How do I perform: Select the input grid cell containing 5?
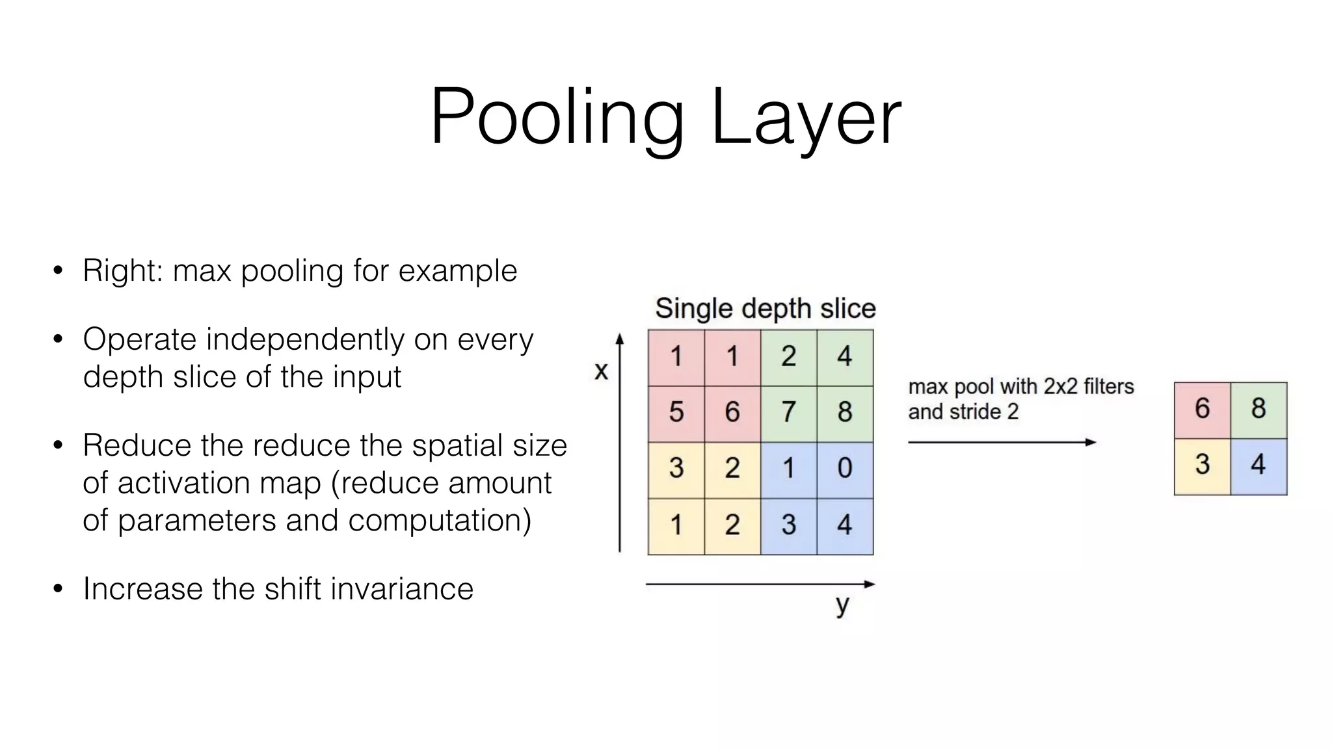click(x=676, y=412)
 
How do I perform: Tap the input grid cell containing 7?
click(x=788, y=412)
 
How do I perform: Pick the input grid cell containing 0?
click(x=844, y=468)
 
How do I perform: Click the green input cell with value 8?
click(x=844, y=412)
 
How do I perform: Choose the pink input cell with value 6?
click(x=732, y=412)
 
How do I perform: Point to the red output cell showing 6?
click(x=1202, y=409)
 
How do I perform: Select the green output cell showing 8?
click(x=1259, y=409)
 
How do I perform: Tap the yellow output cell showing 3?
click(x=1202, y=465)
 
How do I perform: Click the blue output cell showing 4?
click(x=1259, y=465)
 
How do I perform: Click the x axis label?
click(x=602, y=371)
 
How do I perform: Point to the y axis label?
click(x=842, y=605)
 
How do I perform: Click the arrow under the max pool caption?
click(x=1002, y=442)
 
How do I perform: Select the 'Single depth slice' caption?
click(x=765, y=308)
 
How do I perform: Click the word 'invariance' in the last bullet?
click(x=401, y=589)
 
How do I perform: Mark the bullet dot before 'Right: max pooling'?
click(x=58, y=270)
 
